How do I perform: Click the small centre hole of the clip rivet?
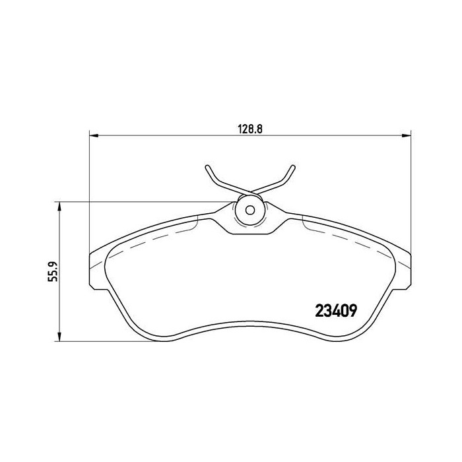pyautogui.click(x=250, y=211)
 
